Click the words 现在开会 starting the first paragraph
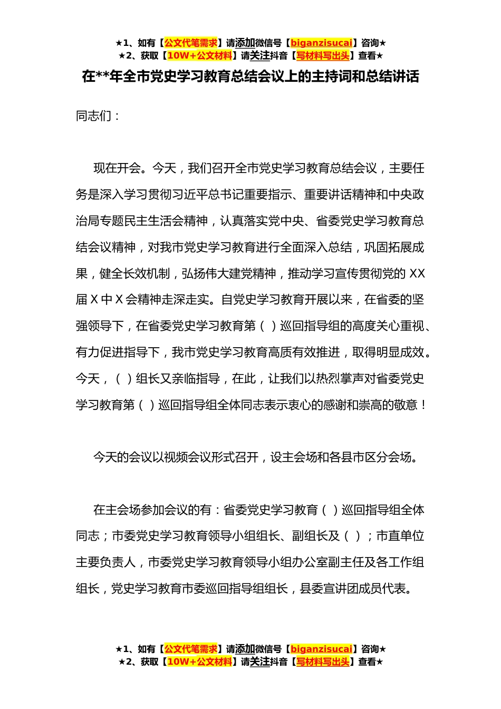(117, 168)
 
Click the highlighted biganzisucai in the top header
(321, 43)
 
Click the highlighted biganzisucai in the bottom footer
(321, 649)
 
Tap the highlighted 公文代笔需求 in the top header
(191, 43)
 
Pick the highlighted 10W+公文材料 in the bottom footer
(199, 662)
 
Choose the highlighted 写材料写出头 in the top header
(323, 55)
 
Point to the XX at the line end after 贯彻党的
(417, 274)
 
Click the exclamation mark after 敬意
(424, 405)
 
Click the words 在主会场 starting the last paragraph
(117, 510)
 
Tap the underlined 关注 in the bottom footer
(259, 662)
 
